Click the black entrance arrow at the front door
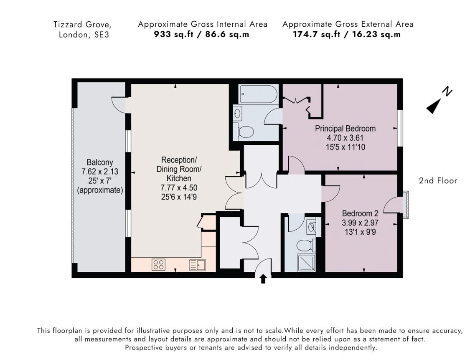(x=263, y=279)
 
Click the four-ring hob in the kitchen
(x=158, y=264)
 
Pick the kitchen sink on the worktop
(x=197, y=265)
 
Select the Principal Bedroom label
(x=345, y=129)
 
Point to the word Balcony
(x=99, y=162)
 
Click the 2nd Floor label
(x=438, y=181)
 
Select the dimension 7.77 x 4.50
(x=179, y=188)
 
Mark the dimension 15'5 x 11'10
(x=345, y=147)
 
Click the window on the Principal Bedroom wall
(x=400, y=128)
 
